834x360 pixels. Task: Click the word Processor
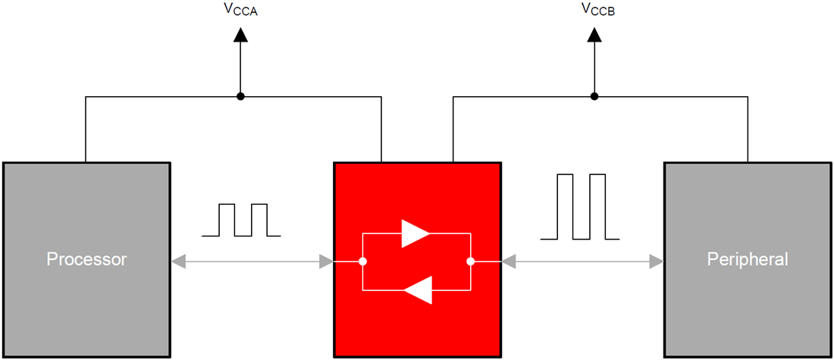click(86, 259)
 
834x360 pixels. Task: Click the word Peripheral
click(747, 259)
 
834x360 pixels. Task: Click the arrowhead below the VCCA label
click(240, 34)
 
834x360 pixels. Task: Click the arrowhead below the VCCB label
click(594, 34)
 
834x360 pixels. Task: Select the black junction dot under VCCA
click(240, 96)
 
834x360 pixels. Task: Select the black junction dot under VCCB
click(594, 96)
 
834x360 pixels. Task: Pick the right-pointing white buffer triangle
click(415, 234)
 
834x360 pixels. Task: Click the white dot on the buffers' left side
click(363, 261)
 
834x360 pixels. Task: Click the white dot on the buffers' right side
click(470, 261)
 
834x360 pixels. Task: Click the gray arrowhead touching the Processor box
click(178, 261)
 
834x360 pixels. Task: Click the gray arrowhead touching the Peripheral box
click(657, 261)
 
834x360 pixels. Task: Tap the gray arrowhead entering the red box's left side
click(327, 261)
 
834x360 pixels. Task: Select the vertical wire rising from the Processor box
click(86, 129)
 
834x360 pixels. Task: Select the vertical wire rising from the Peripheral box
click(748, 129)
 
